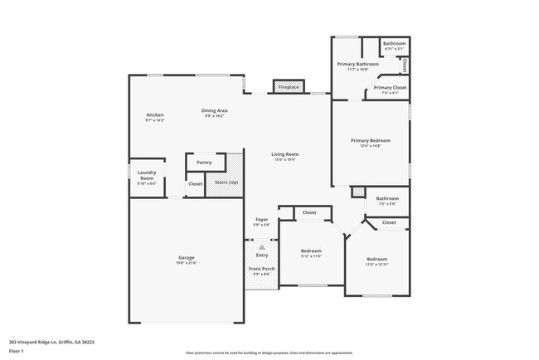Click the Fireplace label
pyautogui.click(x=289, y=87)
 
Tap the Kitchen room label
pyautogui.click(x=155, y=114)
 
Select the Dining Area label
pyautogui.click(x=215, y=110)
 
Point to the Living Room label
pyautogui.click(x=285, y=154)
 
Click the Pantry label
pyautogui.click(x=204, y=163)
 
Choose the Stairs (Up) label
pyautogui.click(x=226, y=182)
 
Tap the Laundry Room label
pyautogui.click(x=147, y=175)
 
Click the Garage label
pyautogui.click(x=187, y=258)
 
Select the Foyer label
pyautogui.click(x=261, y=220)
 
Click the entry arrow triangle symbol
pyautogui.click(x=262, y=246)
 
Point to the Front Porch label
pyautogui.click(x=262, y=269)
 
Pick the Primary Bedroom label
pyautogui.click(x=370, y=141)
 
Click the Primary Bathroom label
pyautogui.click(x=357, y=64)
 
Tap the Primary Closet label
pyautogui.click(x=390, y=88)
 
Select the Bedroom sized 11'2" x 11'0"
pyautogui.click(x=311, y=251)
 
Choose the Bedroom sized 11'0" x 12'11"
pyautogui.click(x=376, y=259)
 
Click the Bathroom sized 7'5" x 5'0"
pyautogui.click(x=387, y=198)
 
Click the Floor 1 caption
pyautogui.click(x=17, y=351)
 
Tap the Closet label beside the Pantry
pyautogui.click(x=196, y=183)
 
